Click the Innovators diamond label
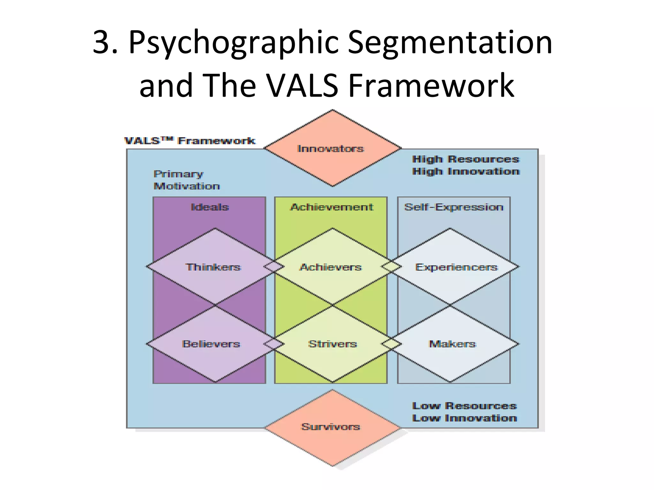point(331,149)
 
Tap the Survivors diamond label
point(331,427)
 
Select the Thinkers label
point(213,267)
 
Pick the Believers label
point(211,344)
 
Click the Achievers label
point(331,267)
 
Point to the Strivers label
point(332,344)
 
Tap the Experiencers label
point(456,267)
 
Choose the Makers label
point(452,344)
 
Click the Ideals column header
point(210,207)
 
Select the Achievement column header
point(331,207)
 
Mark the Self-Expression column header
point(454,207)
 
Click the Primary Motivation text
point(186,180)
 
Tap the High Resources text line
point(466,159)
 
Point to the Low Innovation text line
point(464,418)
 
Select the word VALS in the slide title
point(302,85)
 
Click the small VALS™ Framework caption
point(190,141)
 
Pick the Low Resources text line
point(464,406)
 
